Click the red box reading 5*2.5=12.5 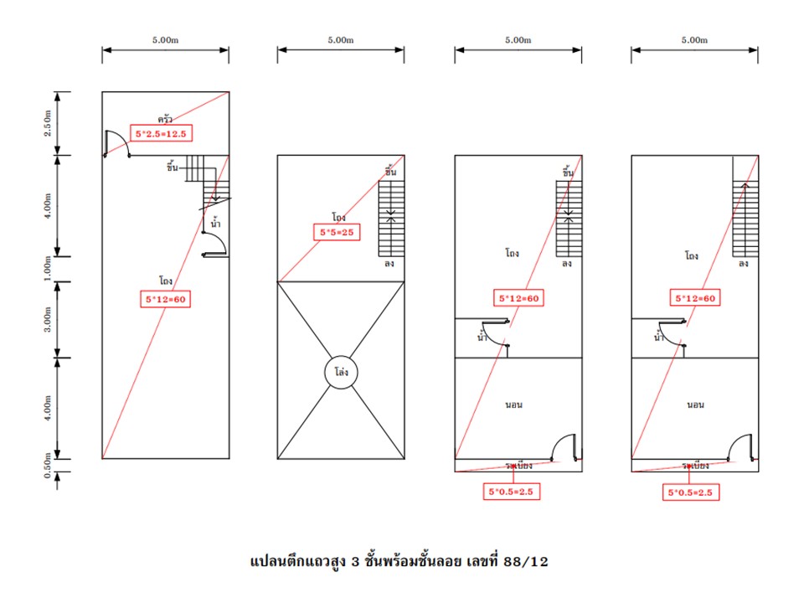tap(161, 134)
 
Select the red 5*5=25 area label tap(337, 232)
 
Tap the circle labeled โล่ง tap(341, 372)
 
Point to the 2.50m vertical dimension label tap(47, 123)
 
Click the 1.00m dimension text tap(47, 268)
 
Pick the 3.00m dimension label tap(47, 319)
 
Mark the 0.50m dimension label tap(47, 466)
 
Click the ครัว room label tap(165, 119)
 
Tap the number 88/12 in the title tap(526, 561)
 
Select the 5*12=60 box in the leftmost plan tap(165, 300)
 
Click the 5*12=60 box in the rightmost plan tap(695, 298)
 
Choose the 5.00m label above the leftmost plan tap(165, 40)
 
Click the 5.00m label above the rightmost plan tap(694, 40)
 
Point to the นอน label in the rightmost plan tap(695, 405)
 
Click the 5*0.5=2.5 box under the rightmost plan tap(690, 492)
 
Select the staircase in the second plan tap(391, 219)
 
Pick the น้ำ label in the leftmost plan tap(215, 223)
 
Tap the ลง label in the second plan tap(389, 264)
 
